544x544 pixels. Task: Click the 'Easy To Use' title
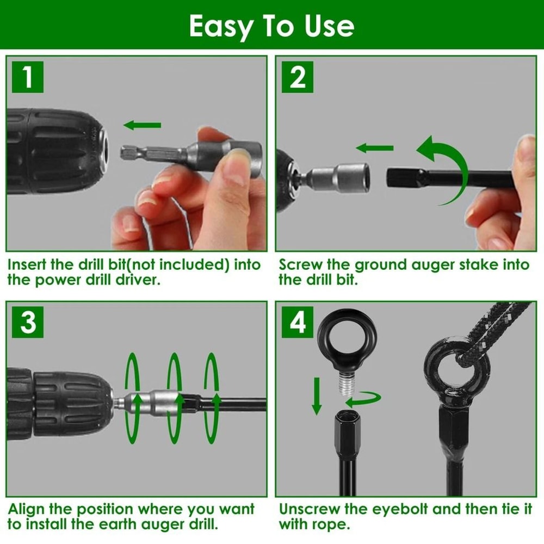point(271,25)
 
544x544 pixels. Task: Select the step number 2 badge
point(297,77)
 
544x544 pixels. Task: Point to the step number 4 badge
point(297,322)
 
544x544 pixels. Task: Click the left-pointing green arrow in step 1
point(143,126)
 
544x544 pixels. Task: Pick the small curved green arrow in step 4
point(363,400)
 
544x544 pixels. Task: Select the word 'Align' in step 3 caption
point(27,510)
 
